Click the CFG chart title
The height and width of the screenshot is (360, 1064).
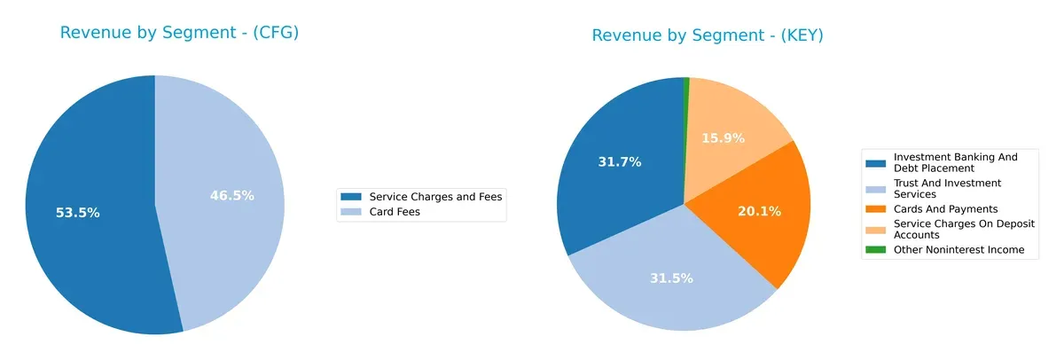click(x=178, y=33)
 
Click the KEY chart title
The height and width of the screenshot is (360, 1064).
click(x=708, y=35)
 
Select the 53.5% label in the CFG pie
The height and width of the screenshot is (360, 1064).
click(x=77, y=213)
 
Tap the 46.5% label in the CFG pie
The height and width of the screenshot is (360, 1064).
click(x=231, y=195)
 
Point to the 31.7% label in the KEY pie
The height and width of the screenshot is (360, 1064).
click(x=620, y=161)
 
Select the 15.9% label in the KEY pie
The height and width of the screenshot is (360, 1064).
click(x=723, y=138)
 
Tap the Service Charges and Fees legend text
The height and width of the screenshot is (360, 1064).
click(x=435, y=196)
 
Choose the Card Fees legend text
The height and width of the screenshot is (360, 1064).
click(x=395, y=212)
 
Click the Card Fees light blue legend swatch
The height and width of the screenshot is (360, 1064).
click(x=351, y=212)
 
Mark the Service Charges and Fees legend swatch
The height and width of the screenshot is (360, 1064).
click(x=351, y=196)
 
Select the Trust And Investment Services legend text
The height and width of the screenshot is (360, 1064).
click(x=947, y=188)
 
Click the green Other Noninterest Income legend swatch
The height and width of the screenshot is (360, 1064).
click(x=875, y=250)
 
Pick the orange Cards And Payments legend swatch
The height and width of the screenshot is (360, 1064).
click(x=875, y=209)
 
